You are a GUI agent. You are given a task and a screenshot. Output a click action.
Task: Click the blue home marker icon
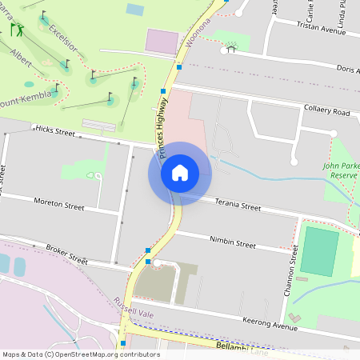pyautogui.click(x=179, y=173)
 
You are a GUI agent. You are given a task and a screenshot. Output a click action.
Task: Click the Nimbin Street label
pyautogui.click(x=232, y=242)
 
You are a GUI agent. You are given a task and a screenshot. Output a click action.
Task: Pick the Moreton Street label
pyautogui.click(x=59, y=205)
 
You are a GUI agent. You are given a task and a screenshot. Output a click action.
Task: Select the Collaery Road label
pyautogui.click(x=326, y=110)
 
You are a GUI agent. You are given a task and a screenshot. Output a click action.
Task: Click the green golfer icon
pyautogui.click(x=15, y=30)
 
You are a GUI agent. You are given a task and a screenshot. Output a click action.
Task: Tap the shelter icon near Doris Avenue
pyautogui.click(x=231, y=49)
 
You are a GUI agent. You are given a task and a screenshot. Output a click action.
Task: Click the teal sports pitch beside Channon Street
pyautogui.click(x=319, y=250)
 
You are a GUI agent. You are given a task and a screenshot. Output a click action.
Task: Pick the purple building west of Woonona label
pyautogui.click(x=162, y=42)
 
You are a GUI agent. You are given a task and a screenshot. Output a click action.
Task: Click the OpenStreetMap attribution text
pyautogui.click(x=81, y=354)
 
